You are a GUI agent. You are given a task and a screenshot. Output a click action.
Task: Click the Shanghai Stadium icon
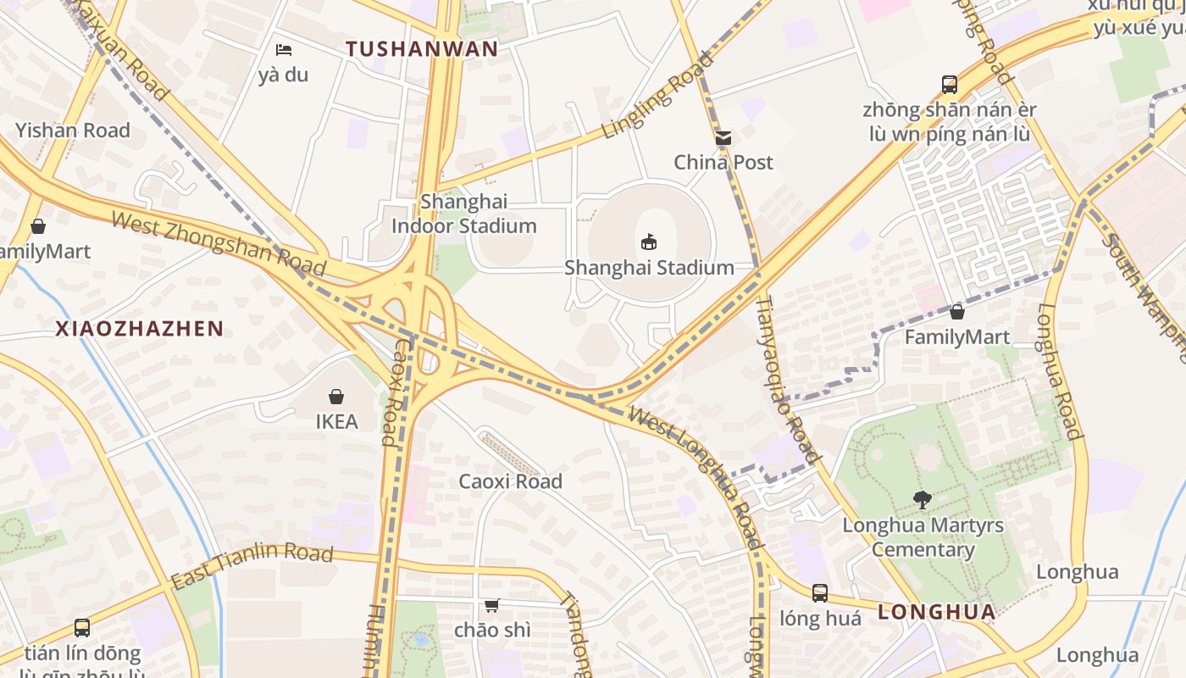click(649, 242)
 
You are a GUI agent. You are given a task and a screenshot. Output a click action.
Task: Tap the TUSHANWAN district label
click(422, 48)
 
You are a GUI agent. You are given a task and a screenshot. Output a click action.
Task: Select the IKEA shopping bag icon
click(336, 396)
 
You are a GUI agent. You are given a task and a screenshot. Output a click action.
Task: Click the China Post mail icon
click(723, 137)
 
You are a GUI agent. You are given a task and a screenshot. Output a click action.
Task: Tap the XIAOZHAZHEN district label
click(140, 329)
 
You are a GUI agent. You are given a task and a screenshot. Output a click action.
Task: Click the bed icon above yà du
click(284, 50)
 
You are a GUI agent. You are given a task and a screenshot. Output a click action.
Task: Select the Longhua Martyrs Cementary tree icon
click(923, 500)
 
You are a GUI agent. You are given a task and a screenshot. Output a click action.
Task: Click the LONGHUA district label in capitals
click(936, 612)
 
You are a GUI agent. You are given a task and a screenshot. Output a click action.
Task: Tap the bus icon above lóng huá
click(819, 592)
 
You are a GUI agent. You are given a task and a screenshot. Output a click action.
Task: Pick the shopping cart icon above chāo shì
click(491, 604)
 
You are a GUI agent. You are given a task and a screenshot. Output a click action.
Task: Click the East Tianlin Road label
click(252, 566)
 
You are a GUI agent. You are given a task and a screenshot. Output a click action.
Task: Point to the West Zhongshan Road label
click(219, 244)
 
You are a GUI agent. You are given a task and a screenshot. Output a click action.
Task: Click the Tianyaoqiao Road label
click(788, 378)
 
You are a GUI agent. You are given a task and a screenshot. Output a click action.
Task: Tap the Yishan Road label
click(73, 131)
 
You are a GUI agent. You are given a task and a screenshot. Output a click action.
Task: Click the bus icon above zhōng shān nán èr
click(949, 85)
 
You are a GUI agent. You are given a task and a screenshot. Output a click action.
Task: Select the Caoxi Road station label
click(510, 481)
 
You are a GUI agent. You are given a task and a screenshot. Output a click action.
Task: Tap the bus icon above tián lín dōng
click(82, 628)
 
